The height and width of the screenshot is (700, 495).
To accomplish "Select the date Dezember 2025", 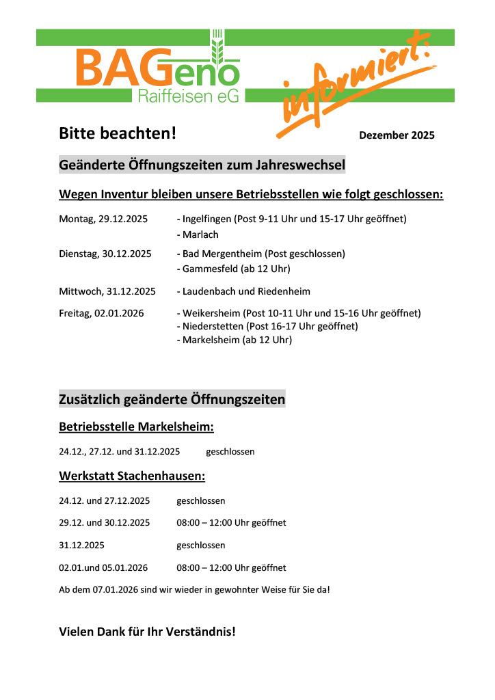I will [397, 135].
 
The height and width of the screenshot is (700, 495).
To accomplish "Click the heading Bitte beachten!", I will [118, 133].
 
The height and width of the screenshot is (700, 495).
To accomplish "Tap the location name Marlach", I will [200, 234].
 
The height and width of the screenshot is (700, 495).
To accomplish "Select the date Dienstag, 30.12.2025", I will [105, 254].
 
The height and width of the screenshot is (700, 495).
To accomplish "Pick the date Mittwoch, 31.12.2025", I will [107, 291].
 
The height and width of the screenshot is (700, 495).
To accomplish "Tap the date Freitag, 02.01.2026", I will [101, 313].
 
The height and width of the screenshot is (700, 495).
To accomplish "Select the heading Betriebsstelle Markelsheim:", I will [137, 427].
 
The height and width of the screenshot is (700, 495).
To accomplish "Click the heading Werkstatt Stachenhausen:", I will [132, 475].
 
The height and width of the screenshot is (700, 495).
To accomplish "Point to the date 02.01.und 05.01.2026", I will [103, 568].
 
